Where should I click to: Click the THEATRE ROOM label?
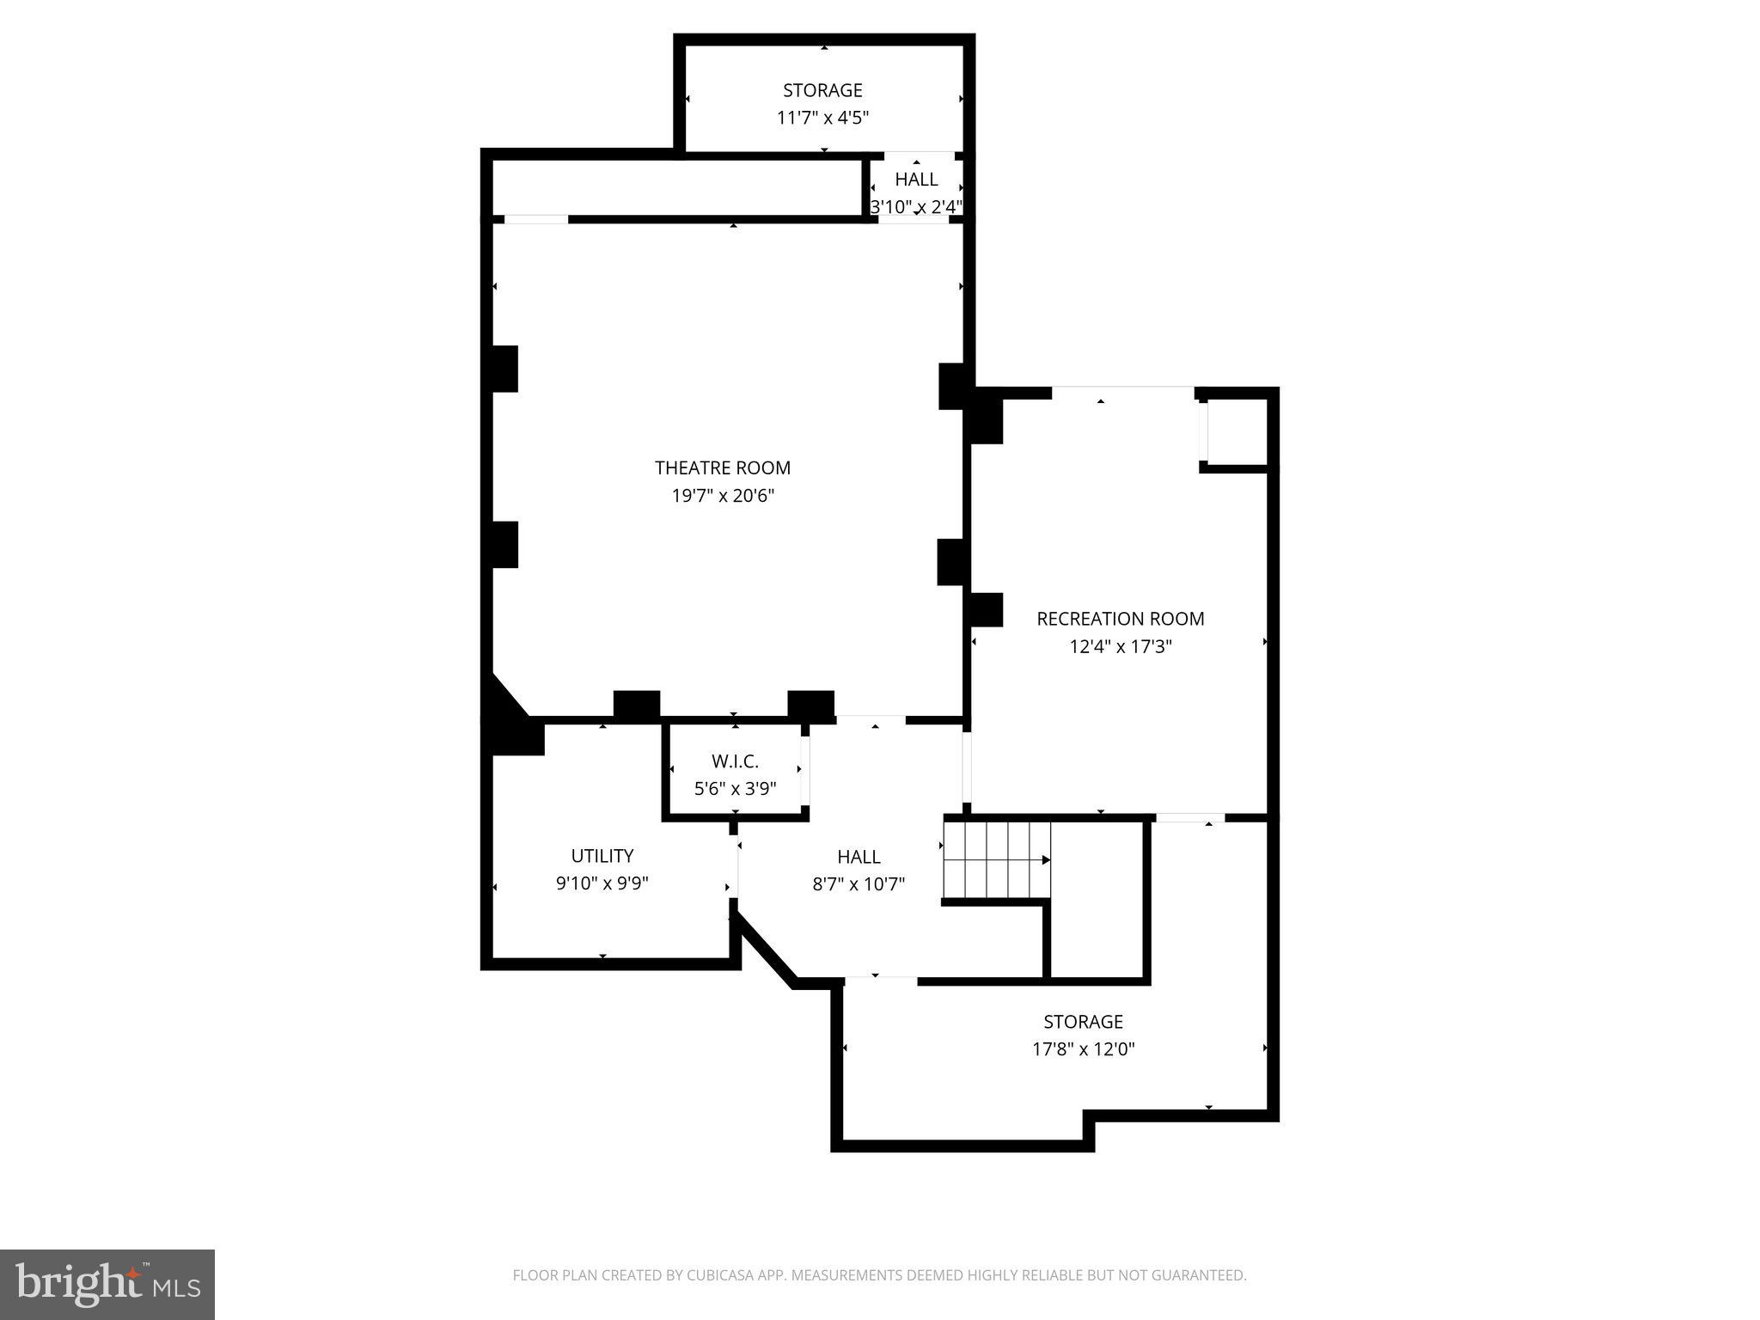(x=722, y=467)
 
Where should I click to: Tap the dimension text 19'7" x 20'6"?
(x=722, y=496)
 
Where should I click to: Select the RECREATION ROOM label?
(x=1120, y=619)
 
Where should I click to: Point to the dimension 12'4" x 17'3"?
(x=1120, y=646)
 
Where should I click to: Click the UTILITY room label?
(x=602, y=856)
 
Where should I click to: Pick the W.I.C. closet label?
(x=735, y=761)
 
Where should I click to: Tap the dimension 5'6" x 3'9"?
(x=735, y=789)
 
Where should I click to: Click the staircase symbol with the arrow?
(x=997, y=859)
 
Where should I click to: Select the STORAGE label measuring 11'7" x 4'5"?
(x=822, y=90)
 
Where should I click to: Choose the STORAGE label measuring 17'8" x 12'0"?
(x=1083, y=1022)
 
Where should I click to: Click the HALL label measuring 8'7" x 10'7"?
(x=859, y=857)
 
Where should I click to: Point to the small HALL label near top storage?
(x=916, y=180)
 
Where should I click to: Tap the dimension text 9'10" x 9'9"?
(x=602, y=883)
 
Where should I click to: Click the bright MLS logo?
(x=107, y=1284)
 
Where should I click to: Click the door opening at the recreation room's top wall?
(x=1122, y=393)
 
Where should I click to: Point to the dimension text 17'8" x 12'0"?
(x=1083, y=1049)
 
